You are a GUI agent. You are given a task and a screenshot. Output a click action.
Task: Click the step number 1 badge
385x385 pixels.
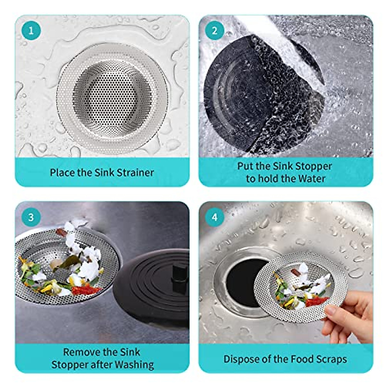pyautogui.click(x=31, y=31)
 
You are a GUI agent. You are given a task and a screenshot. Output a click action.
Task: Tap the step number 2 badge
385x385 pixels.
pyautogui.click(x=215, y=31)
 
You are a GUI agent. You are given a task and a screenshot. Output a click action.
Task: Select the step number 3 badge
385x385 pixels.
pyautogui.click(x=31, y=217)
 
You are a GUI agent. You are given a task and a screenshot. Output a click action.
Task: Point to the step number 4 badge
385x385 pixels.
pyautogui.click(x=215, y=217)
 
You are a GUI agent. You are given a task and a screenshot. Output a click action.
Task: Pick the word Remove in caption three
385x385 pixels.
pyautogui.click(x=79, y=352)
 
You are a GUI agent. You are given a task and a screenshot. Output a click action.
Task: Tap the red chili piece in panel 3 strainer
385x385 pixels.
pyautogui.click(x=85, y=290)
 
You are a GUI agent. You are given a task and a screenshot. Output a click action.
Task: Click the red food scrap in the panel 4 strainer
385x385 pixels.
pyautogui.click(x=316, y=302)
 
